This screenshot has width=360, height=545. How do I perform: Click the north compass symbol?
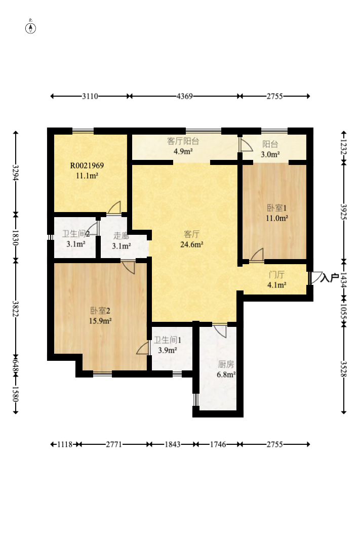(30, 28)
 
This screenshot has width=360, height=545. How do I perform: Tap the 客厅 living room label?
(191, 234)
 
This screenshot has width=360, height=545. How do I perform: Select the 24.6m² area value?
(192, 244)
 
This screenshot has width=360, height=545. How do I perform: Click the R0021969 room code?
(87, 165)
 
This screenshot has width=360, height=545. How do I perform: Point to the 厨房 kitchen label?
(226, 364)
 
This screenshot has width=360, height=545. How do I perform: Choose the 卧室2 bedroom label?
(100, 310)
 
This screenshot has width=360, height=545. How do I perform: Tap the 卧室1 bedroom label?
(277, 208)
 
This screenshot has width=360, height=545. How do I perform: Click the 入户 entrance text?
(330, 278)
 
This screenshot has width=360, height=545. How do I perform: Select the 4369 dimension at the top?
(184, 96)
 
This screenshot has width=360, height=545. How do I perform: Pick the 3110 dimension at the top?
(90, 96)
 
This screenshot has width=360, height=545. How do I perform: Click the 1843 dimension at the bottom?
(172, 444)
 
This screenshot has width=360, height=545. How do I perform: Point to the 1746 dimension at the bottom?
(218, 444)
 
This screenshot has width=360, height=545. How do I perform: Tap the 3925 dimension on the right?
(344, 212)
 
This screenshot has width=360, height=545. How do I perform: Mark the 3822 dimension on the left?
(15, 308)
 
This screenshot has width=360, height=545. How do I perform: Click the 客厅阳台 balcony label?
(183, 141)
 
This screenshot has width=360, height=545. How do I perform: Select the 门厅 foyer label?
(276, 275)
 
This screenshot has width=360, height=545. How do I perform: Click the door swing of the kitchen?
(221, 331)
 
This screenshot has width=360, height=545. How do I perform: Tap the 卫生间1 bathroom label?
(167, 340)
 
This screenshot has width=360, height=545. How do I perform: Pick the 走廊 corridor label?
(121, 236)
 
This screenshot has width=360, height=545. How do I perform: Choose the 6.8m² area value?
(226, 374)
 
